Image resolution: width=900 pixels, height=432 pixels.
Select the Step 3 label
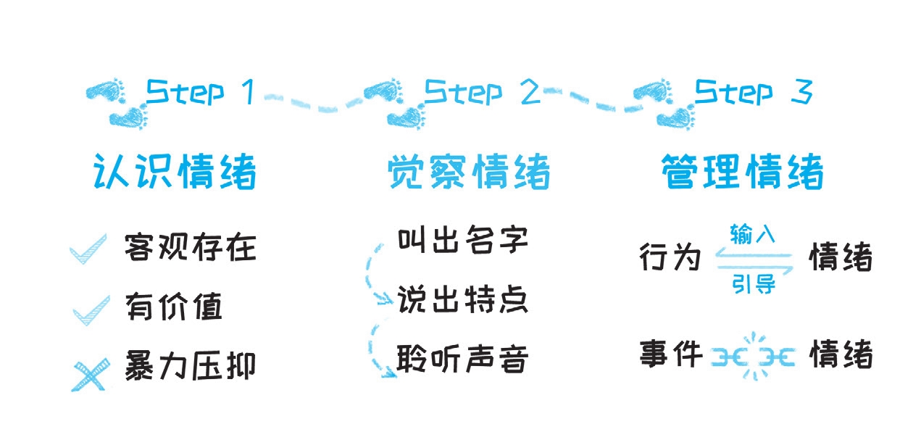754,93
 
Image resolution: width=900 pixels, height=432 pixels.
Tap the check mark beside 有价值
91,307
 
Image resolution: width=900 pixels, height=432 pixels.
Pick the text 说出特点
462,300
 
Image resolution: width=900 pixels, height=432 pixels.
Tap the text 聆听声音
462,360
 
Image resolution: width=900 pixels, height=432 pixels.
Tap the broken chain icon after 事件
754,356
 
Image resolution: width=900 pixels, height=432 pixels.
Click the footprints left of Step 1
116,102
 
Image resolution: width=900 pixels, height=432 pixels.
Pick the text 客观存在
191,247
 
